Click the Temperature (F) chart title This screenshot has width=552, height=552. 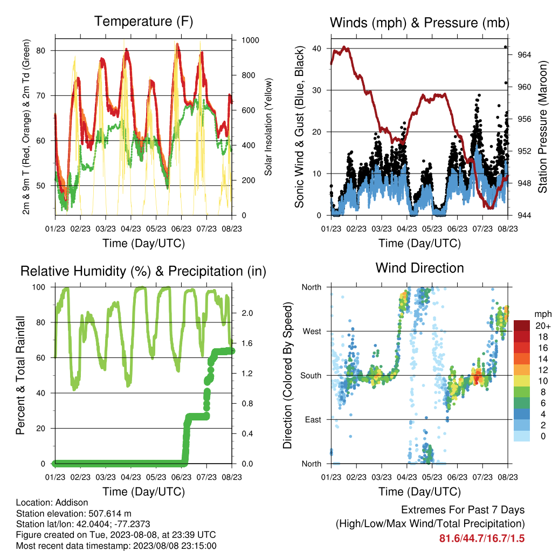pyautogui.click(x=143, y=22)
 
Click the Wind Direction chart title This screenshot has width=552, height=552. pyautogui.click(x=419, y=268)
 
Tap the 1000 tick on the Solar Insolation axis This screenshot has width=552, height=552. pyautogui.click(x=250, y=40)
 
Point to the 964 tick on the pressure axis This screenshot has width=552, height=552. pyautogui.click(x=525, y=55)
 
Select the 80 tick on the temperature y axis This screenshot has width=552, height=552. pyautogui.click(x=41, y=51)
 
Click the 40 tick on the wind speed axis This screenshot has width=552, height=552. pyautogui.click(x=317, y=49)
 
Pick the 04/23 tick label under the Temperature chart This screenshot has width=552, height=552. pyautogui.click(x=131, y=229)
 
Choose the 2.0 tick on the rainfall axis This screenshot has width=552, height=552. pyautogui.click(x=247, y=313)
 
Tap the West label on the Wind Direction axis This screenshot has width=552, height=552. pyautogui.click(x=312, y=332)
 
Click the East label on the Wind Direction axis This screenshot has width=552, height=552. pyautogui.click(x=313, y=419)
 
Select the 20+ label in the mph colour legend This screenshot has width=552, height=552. pyautogui.click(x=543, y=326)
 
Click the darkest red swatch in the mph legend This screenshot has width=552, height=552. pyautogui.click(x=522, y=326)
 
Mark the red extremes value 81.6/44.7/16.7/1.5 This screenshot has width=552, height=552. pyautogui.click(x=482, y=539)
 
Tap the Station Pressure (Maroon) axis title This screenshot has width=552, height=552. pyautogui.click(x=542, y=127)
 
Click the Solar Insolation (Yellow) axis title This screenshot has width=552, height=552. pyautogui.click(x=268, y=127)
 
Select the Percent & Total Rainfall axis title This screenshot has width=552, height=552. pyautogui.click(x=20, y=375)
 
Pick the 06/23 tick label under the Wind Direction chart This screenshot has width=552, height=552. pyautogui.click(x=457, y=477)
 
